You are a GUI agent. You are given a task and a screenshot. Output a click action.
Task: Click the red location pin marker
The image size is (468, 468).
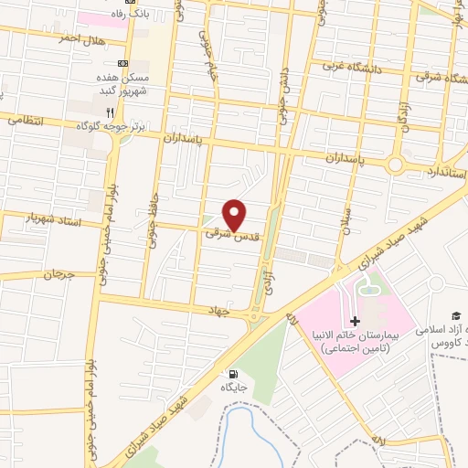pyautogui.click(x=236, y=215)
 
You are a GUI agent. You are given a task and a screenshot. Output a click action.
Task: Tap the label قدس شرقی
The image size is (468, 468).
pyautogui.click(x=232, y=235)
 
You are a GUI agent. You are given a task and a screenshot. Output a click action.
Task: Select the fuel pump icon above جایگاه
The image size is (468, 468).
pyautogui.click(x=232, y=373)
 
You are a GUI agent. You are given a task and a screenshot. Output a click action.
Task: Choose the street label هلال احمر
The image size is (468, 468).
pyautogui.click(x=80, y=39)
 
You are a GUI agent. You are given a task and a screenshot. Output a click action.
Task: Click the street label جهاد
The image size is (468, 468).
pyautogui.click(x=240, y=311)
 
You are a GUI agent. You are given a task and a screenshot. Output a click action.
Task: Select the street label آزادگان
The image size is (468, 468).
pyautogui.click(x=400, y=114)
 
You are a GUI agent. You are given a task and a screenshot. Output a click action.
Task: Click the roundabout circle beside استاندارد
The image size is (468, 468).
pyautogui.click(x=396, y=165)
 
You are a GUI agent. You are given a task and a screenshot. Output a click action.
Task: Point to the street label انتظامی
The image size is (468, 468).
pyautogui.click(x=19, y=119)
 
